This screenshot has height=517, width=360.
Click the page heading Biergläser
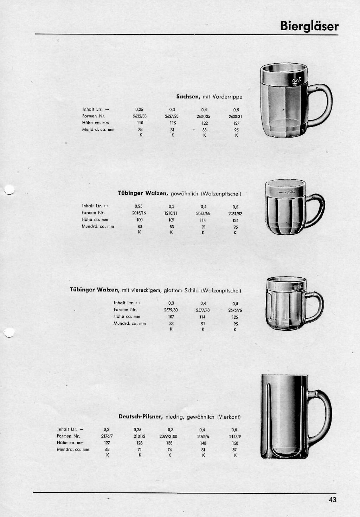(309, 26)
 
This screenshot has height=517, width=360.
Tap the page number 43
(333, 500)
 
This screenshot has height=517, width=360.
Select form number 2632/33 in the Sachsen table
(140, 116)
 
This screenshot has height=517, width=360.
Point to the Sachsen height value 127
(236, 123)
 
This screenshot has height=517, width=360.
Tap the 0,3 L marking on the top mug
(296, 81)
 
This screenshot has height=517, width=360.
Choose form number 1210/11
(171, 213)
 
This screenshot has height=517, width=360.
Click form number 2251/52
(235, 213)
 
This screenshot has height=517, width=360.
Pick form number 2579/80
(171, 310)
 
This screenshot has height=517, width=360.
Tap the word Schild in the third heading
(192, 291)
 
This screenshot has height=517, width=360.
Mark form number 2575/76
(235, 310)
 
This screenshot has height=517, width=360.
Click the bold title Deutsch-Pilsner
(140, 417)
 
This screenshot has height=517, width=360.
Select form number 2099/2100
(171, 437)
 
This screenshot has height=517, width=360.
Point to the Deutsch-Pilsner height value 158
(234, 443)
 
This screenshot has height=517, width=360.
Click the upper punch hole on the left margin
(9, 190)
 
